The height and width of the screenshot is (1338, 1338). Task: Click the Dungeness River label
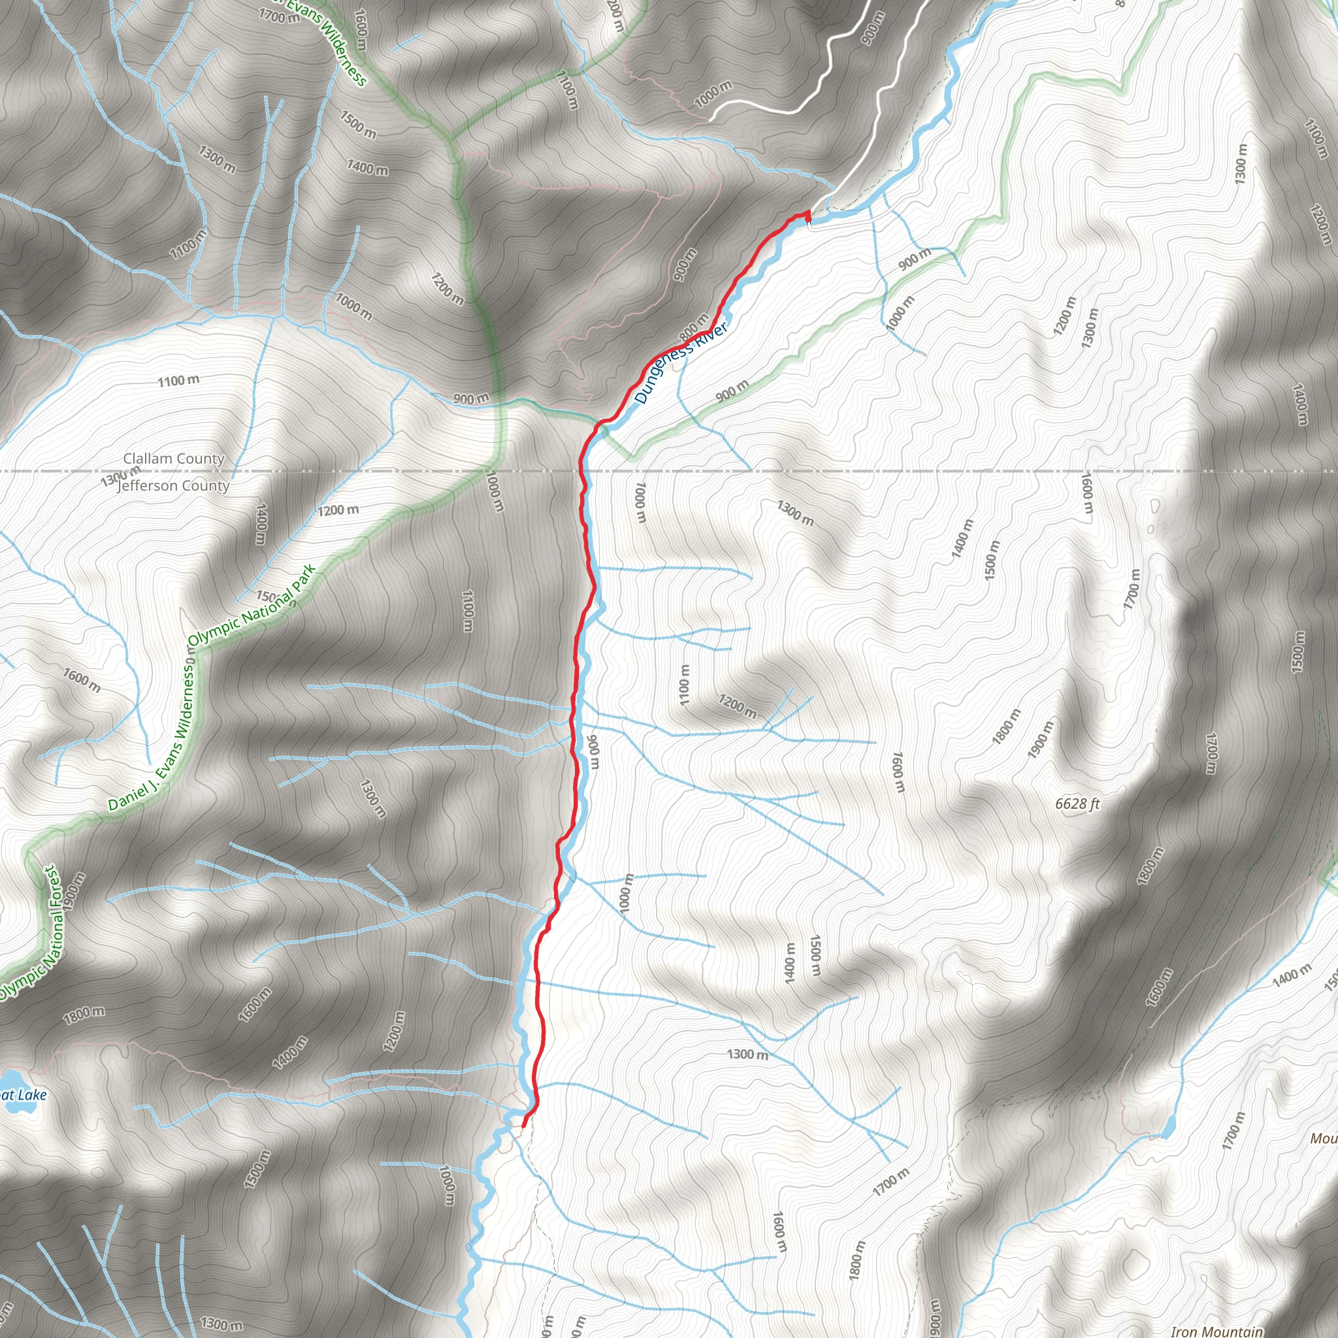tap(680, 362)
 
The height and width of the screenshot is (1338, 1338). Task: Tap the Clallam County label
tap(174, 459)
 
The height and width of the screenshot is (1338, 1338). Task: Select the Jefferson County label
tap(174, 485)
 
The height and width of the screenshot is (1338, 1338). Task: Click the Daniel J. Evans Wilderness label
tap(152, 736)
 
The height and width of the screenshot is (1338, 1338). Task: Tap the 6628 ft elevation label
tap(1077, 804)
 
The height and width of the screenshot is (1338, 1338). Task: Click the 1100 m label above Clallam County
tap(178, 380)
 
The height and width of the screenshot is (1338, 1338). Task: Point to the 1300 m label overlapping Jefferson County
tap(119, 476)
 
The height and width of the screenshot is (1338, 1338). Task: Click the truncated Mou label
tap(1324, 1139)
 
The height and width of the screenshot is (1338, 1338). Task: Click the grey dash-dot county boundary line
tap(900, 471)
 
